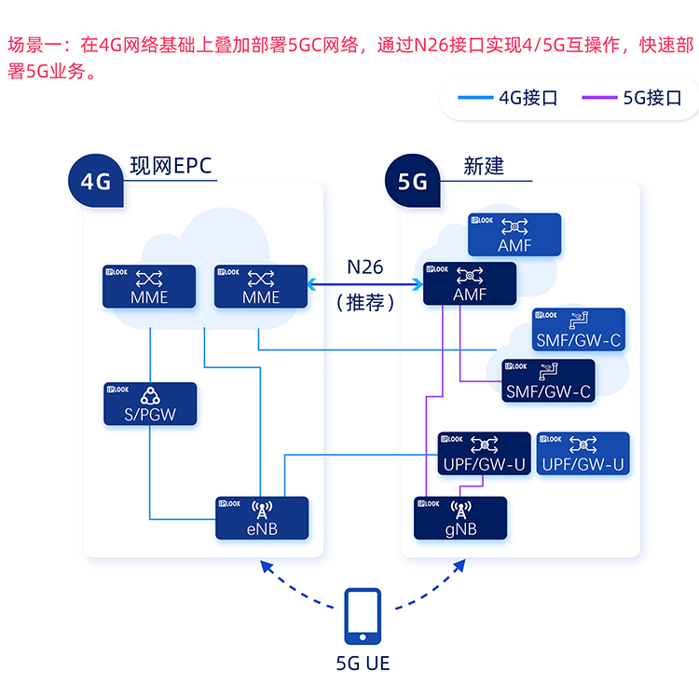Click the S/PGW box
[150, 404]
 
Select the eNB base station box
[262, 517]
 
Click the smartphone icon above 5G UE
[362, 617]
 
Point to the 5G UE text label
[363, 664]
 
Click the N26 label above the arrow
[364, 267]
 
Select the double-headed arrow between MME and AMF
[364, 284]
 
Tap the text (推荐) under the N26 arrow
[364, 304]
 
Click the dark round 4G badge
[96, 180]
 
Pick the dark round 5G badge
[413, 180]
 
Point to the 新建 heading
[484, 166]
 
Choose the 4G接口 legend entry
[508, 98]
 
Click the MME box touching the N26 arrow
[261, 286]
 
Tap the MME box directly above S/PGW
[150, 286]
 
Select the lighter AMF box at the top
[514, 235]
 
